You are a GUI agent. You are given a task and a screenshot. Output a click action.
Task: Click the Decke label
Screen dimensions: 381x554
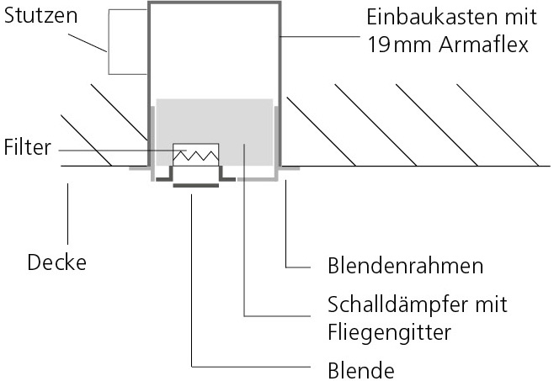click(x=57, y=262)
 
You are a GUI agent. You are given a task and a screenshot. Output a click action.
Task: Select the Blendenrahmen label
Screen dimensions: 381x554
click(x=404, y=267)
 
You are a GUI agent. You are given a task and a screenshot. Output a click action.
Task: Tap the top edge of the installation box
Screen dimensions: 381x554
click(x=215, y=3)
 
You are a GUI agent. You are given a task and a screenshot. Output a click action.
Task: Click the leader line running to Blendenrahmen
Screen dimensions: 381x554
click(x=287, y=227)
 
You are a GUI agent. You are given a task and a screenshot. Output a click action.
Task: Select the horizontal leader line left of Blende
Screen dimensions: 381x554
click(x=253, y=368)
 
